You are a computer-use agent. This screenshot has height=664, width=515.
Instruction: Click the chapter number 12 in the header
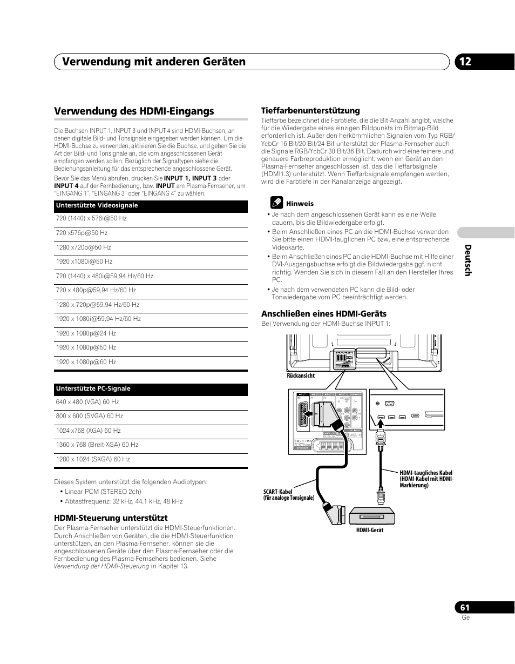465,62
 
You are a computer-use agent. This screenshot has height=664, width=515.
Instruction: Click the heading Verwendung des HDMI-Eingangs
134,111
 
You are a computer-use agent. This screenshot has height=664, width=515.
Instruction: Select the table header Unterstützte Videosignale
97,206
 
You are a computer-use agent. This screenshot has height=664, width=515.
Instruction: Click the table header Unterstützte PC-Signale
93,389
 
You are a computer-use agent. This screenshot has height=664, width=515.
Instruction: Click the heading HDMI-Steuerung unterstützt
111,518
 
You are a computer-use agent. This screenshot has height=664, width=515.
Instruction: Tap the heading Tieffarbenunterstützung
310,111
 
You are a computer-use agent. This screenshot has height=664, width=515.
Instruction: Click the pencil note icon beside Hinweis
276,203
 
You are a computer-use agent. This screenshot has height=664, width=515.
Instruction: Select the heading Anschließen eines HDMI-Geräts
324,313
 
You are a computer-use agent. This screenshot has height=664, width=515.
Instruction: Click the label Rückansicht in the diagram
301,375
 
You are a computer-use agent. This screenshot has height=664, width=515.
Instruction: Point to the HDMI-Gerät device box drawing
374,517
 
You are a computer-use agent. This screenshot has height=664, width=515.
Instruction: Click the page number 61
465,607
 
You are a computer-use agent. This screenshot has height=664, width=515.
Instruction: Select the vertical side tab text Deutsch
468,260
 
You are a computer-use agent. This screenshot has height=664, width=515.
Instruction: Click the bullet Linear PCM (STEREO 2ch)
103,492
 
